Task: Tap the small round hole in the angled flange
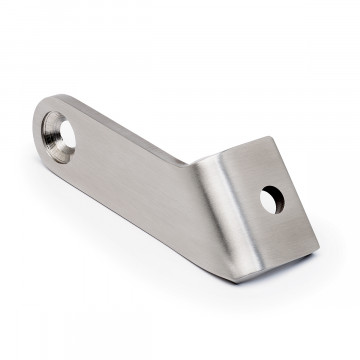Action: [270, 198]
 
